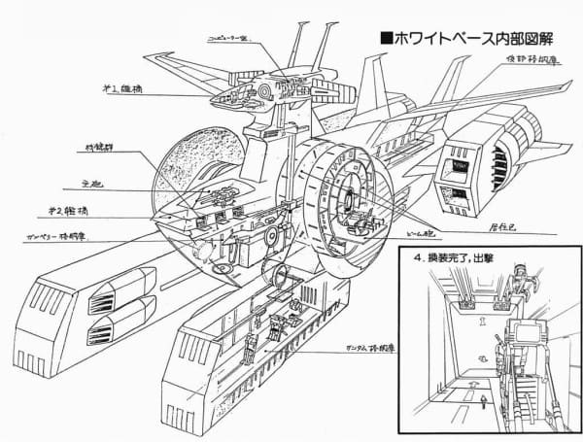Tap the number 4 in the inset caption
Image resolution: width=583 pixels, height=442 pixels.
[x=416, y=260]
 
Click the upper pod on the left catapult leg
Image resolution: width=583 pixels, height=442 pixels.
[x=120, y=290]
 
